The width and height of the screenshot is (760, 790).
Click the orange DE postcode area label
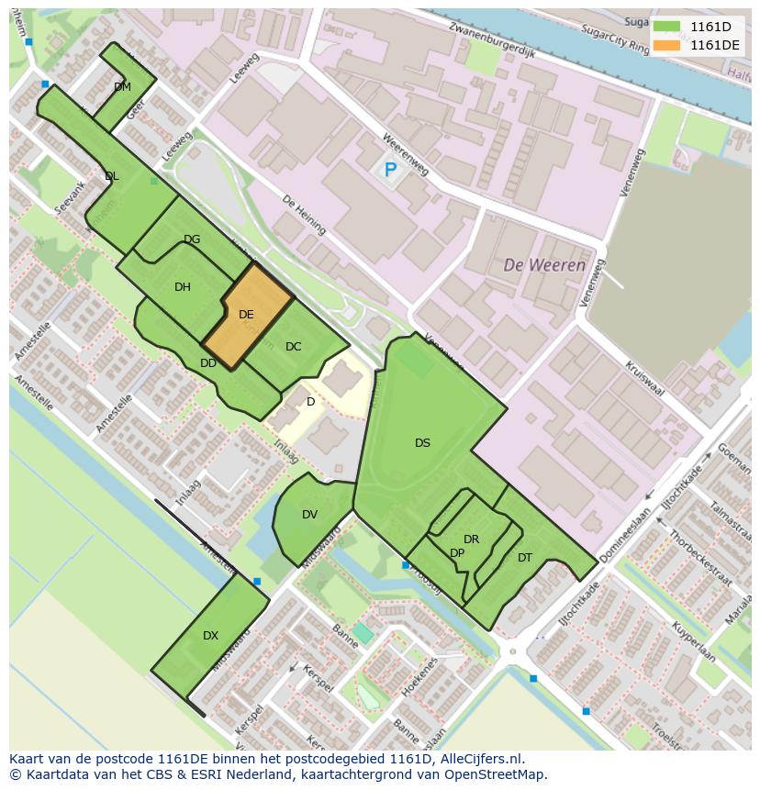tap(246, 314)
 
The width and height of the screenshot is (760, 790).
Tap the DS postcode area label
tap(422, 442)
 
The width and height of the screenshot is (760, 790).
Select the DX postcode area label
tap(210, 635)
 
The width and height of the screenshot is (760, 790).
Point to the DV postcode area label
tap(309, 514)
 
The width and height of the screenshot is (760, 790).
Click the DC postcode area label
tap(293, 346)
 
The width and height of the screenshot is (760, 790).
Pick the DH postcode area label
tap(183, 286)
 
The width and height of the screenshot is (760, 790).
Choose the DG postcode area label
tap(192, 239)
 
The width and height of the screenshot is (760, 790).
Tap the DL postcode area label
tap(111, 176)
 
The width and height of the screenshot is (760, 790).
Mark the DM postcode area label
tap(122, 87)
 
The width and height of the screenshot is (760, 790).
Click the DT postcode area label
tap(525, 557)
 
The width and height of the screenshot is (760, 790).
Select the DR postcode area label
tap(471, 539)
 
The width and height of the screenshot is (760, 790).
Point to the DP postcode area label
tap(457, 552)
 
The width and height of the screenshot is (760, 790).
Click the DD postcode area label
tap(208, 362)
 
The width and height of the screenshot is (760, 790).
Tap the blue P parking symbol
tap(390, 170)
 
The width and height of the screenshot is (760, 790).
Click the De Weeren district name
tap(544, 265)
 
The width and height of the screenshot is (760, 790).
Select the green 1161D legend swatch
tap(666, 27)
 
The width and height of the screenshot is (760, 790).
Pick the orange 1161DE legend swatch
tap(666, 44)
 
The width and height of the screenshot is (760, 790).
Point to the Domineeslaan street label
tap(623, 536)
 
